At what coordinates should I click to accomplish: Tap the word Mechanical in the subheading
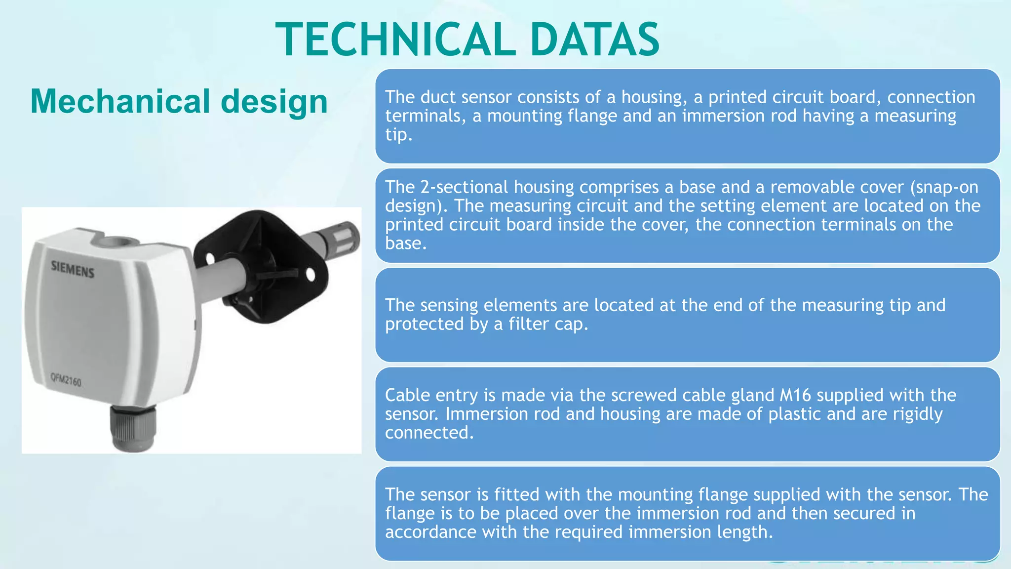[x=120, y=102]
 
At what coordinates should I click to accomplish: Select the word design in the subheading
[x=274, y=102]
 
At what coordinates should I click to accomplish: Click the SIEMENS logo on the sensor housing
[x=73, y=269]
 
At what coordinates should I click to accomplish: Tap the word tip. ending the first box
[x=398, y=134]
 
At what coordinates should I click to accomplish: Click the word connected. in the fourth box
[x=429, y=433]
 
